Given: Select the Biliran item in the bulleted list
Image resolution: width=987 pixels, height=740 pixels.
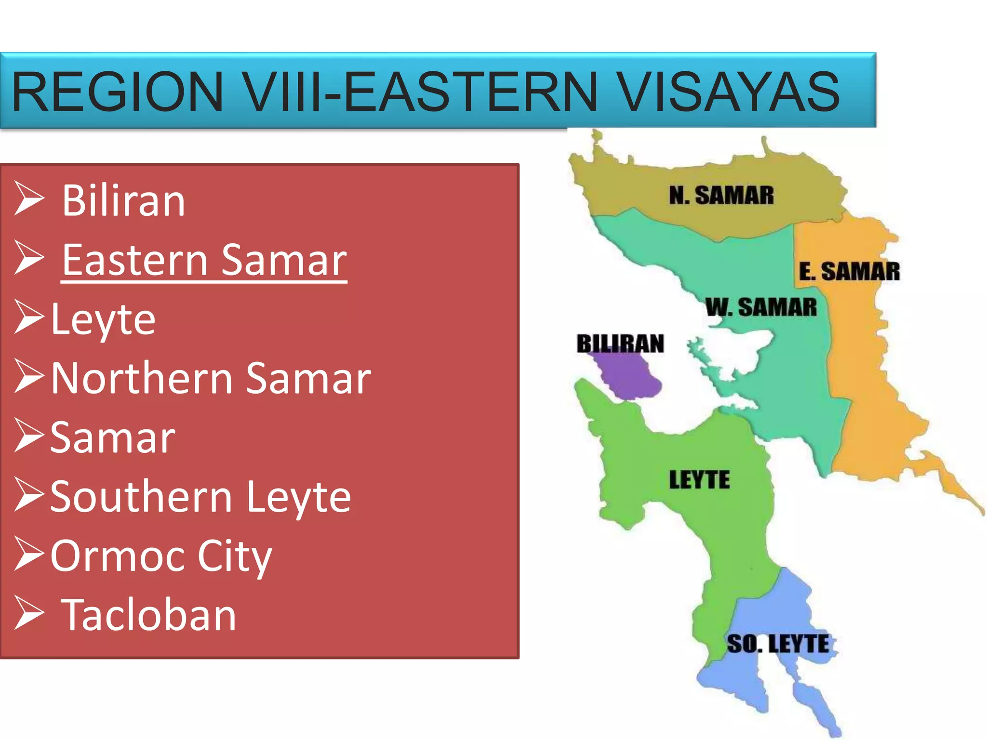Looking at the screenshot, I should click(123, 201).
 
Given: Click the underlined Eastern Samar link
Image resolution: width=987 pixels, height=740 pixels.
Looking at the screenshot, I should click(204, 260).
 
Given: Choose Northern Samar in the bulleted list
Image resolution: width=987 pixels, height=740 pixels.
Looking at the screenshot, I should click(211, 379).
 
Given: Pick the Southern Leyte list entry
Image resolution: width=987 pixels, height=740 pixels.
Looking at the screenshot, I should click(200, 497).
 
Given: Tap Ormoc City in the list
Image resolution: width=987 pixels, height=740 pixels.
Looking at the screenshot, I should click(161, 556).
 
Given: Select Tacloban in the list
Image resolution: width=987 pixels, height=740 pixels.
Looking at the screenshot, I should click(148, 615).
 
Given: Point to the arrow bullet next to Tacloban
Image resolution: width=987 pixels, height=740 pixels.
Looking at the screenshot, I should click(29, 613).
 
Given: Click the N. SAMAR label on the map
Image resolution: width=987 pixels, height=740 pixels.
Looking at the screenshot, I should click(721, 196).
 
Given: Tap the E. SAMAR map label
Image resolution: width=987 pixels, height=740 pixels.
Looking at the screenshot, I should click(849, 272).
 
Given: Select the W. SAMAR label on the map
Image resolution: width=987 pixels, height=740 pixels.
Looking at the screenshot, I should click(761, 307).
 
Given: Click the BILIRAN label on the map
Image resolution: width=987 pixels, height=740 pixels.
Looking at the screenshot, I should click(620, 344).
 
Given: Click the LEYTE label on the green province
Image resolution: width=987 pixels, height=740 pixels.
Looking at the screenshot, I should click(699, 480).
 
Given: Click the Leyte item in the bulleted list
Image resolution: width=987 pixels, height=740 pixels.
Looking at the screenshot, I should click(103, 319).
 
